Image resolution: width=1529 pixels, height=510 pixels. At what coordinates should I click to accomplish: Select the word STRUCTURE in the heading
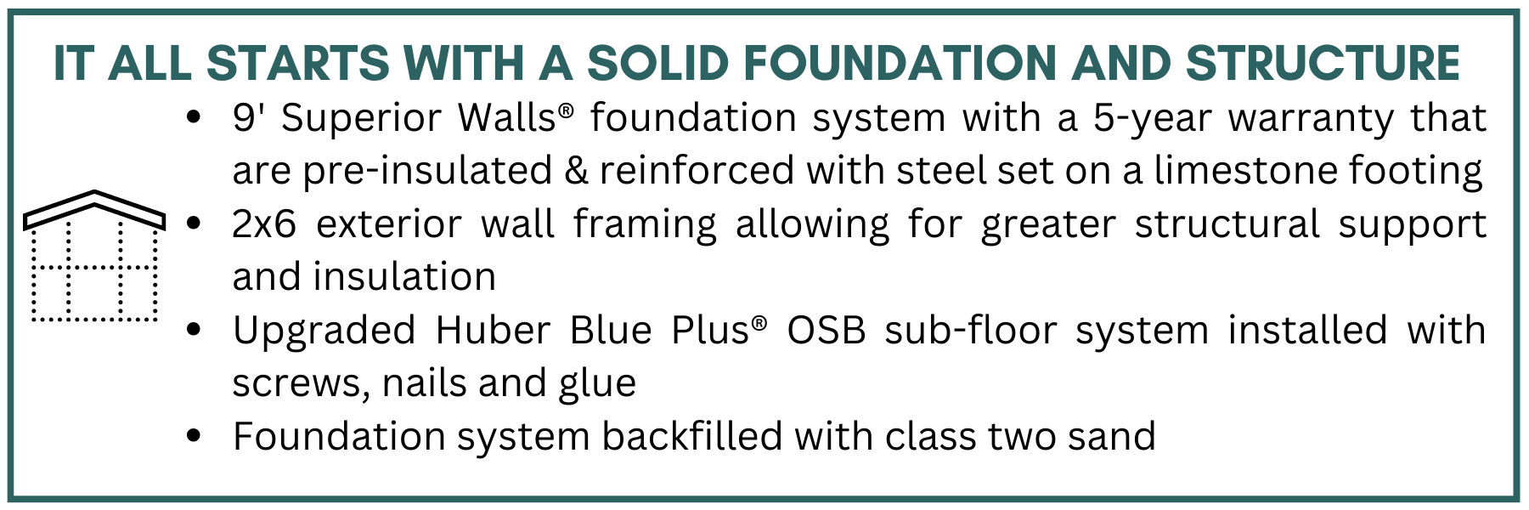coord(1322,63)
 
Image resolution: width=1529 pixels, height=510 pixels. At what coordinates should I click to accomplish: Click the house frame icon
coord(94,256)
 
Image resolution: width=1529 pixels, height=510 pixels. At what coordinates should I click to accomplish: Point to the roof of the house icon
coord(94,209)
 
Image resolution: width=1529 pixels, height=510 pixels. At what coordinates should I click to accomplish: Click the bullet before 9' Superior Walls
coord(195,117)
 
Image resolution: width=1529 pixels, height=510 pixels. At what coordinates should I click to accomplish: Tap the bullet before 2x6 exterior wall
coord(195,224)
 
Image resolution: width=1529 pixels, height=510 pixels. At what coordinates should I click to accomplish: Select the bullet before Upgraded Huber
coord(195,330)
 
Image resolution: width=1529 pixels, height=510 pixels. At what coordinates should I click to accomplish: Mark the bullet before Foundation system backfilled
coord(195,436)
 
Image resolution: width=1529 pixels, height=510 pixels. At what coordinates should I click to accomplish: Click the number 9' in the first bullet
coord(248,116)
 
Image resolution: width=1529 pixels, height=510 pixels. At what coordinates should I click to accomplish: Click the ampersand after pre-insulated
coord(577,171)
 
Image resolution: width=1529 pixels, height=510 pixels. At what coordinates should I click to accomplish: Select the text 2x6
coord(265,224)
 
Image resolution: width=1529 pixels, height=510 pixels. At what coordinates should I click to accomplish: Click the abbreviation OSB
coord(827,330)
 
